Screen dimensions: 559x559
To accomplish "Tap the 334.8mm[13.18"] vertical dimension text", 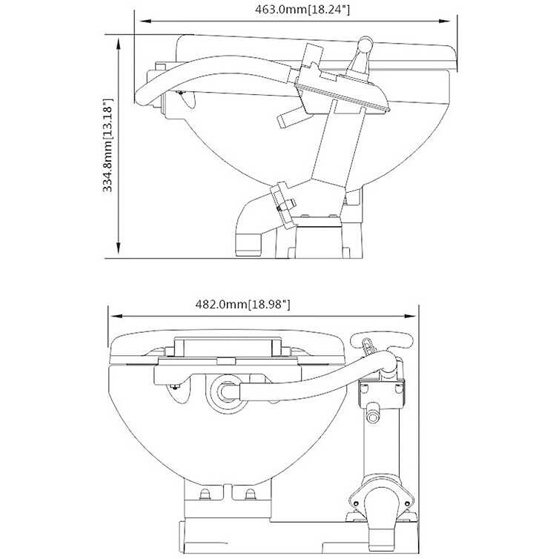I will click(x=108, y=145).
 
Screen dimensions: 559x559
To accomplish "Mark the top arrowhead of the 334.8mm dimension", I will click(x=119, y=40).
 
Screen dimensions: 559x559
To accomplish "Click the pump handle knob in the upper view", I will click(x=365, y=46).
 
